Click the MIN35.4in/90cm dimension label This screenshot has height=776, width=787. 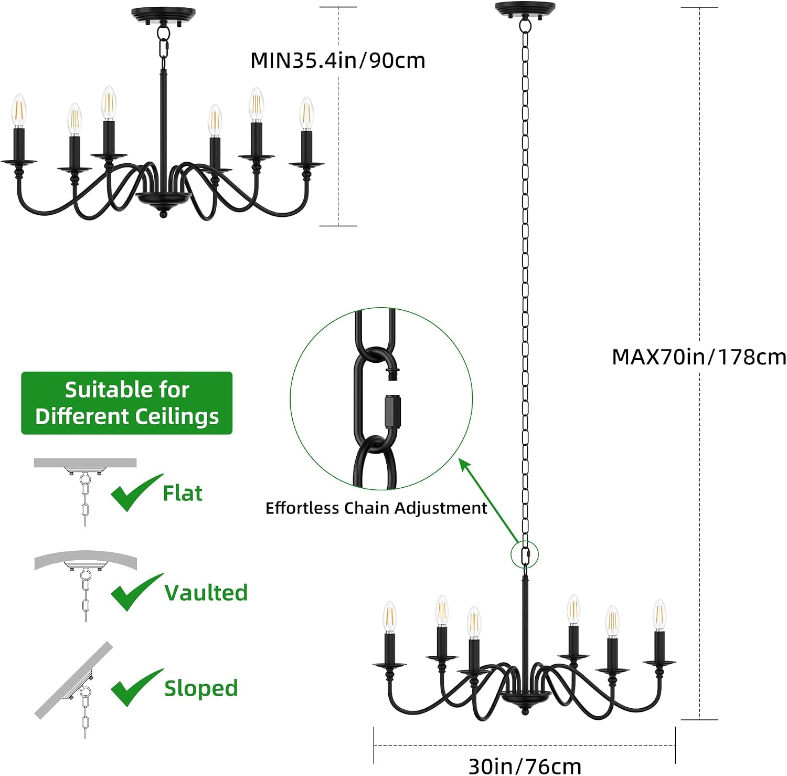[x=337, y=60]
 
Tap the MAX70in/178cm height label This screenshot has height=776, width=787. [x=699, y=357]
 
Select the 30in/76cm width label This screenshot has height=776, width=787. [x=525, y=766]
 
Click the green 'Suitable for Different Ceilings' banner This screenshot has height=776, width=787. [x=126, y=403]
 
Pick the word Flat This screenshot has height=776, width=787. [x=183, y=493]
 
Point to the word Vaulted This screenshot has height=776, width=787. [x=206, y=593]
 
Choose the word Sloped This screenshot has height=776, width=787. [x=201, y=688]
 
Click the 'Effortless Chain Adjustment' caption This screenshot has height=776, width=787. [x=376, y=508]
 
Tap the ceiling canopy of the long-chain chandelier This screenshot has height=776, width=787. [x=525, y=10]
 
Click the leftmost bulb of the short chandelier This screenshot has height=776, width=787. [x=19, y=111]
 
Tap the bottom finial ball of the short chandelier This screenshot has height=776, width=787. [x=163, y=214]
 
